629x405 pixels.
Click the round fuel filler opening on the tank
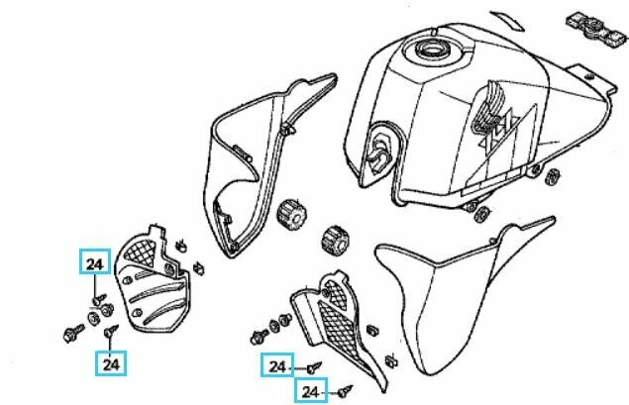(433, 51)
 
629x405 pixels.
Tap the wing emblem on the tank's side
(489, 107)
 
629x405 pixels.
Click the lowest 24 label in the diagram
(311, 390)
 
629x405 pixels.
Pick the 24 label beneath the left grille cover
(111, 363)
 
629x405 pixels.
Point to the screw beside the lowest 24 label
(346, 391)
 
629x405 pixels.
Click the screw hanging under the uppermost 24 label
(99, 299)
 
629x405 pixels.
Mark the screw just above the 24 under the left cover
(111, 331)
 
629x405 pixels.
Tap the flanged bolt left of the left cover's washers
(73, 334)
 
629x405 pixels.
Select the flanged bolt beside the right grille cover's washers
(260, 337)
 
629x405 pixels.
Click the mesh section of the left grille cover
(140, 253)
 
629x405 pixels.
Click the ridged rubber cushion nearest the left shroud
(291, 215)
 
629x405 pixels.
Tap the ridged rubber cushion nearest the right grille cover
(334, 241)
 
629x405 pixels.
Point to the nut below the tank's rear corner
(553, 176)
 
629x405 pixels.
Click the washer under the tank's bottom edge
(481, 214)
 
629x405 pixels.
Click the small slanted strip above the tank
(508, 21)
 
